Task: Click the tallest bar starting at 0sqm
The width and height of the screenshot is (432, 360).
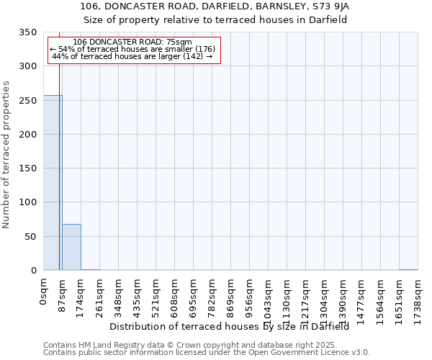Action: tap(53, 183)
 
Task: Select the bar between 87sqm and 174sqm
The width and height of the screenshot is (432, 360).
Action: tap(71, 247)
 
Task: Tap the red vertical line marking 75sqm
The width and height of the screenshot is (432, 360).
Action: tap(59, 166)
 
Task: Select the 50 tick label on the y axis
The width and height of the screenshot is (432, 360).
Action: tap(30, 236)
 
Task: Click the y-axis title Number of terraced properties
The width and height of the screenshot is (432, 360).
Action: tap(7, 154)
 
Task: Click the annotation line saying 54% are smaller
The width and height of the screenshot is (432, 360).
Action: tap(132, 49)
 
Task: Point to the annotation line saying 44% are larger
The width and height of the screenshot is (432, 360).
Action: tap(132, 56)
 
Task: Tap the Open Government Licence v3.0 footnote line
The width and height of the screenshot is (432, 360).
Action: tap(207, 353)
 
